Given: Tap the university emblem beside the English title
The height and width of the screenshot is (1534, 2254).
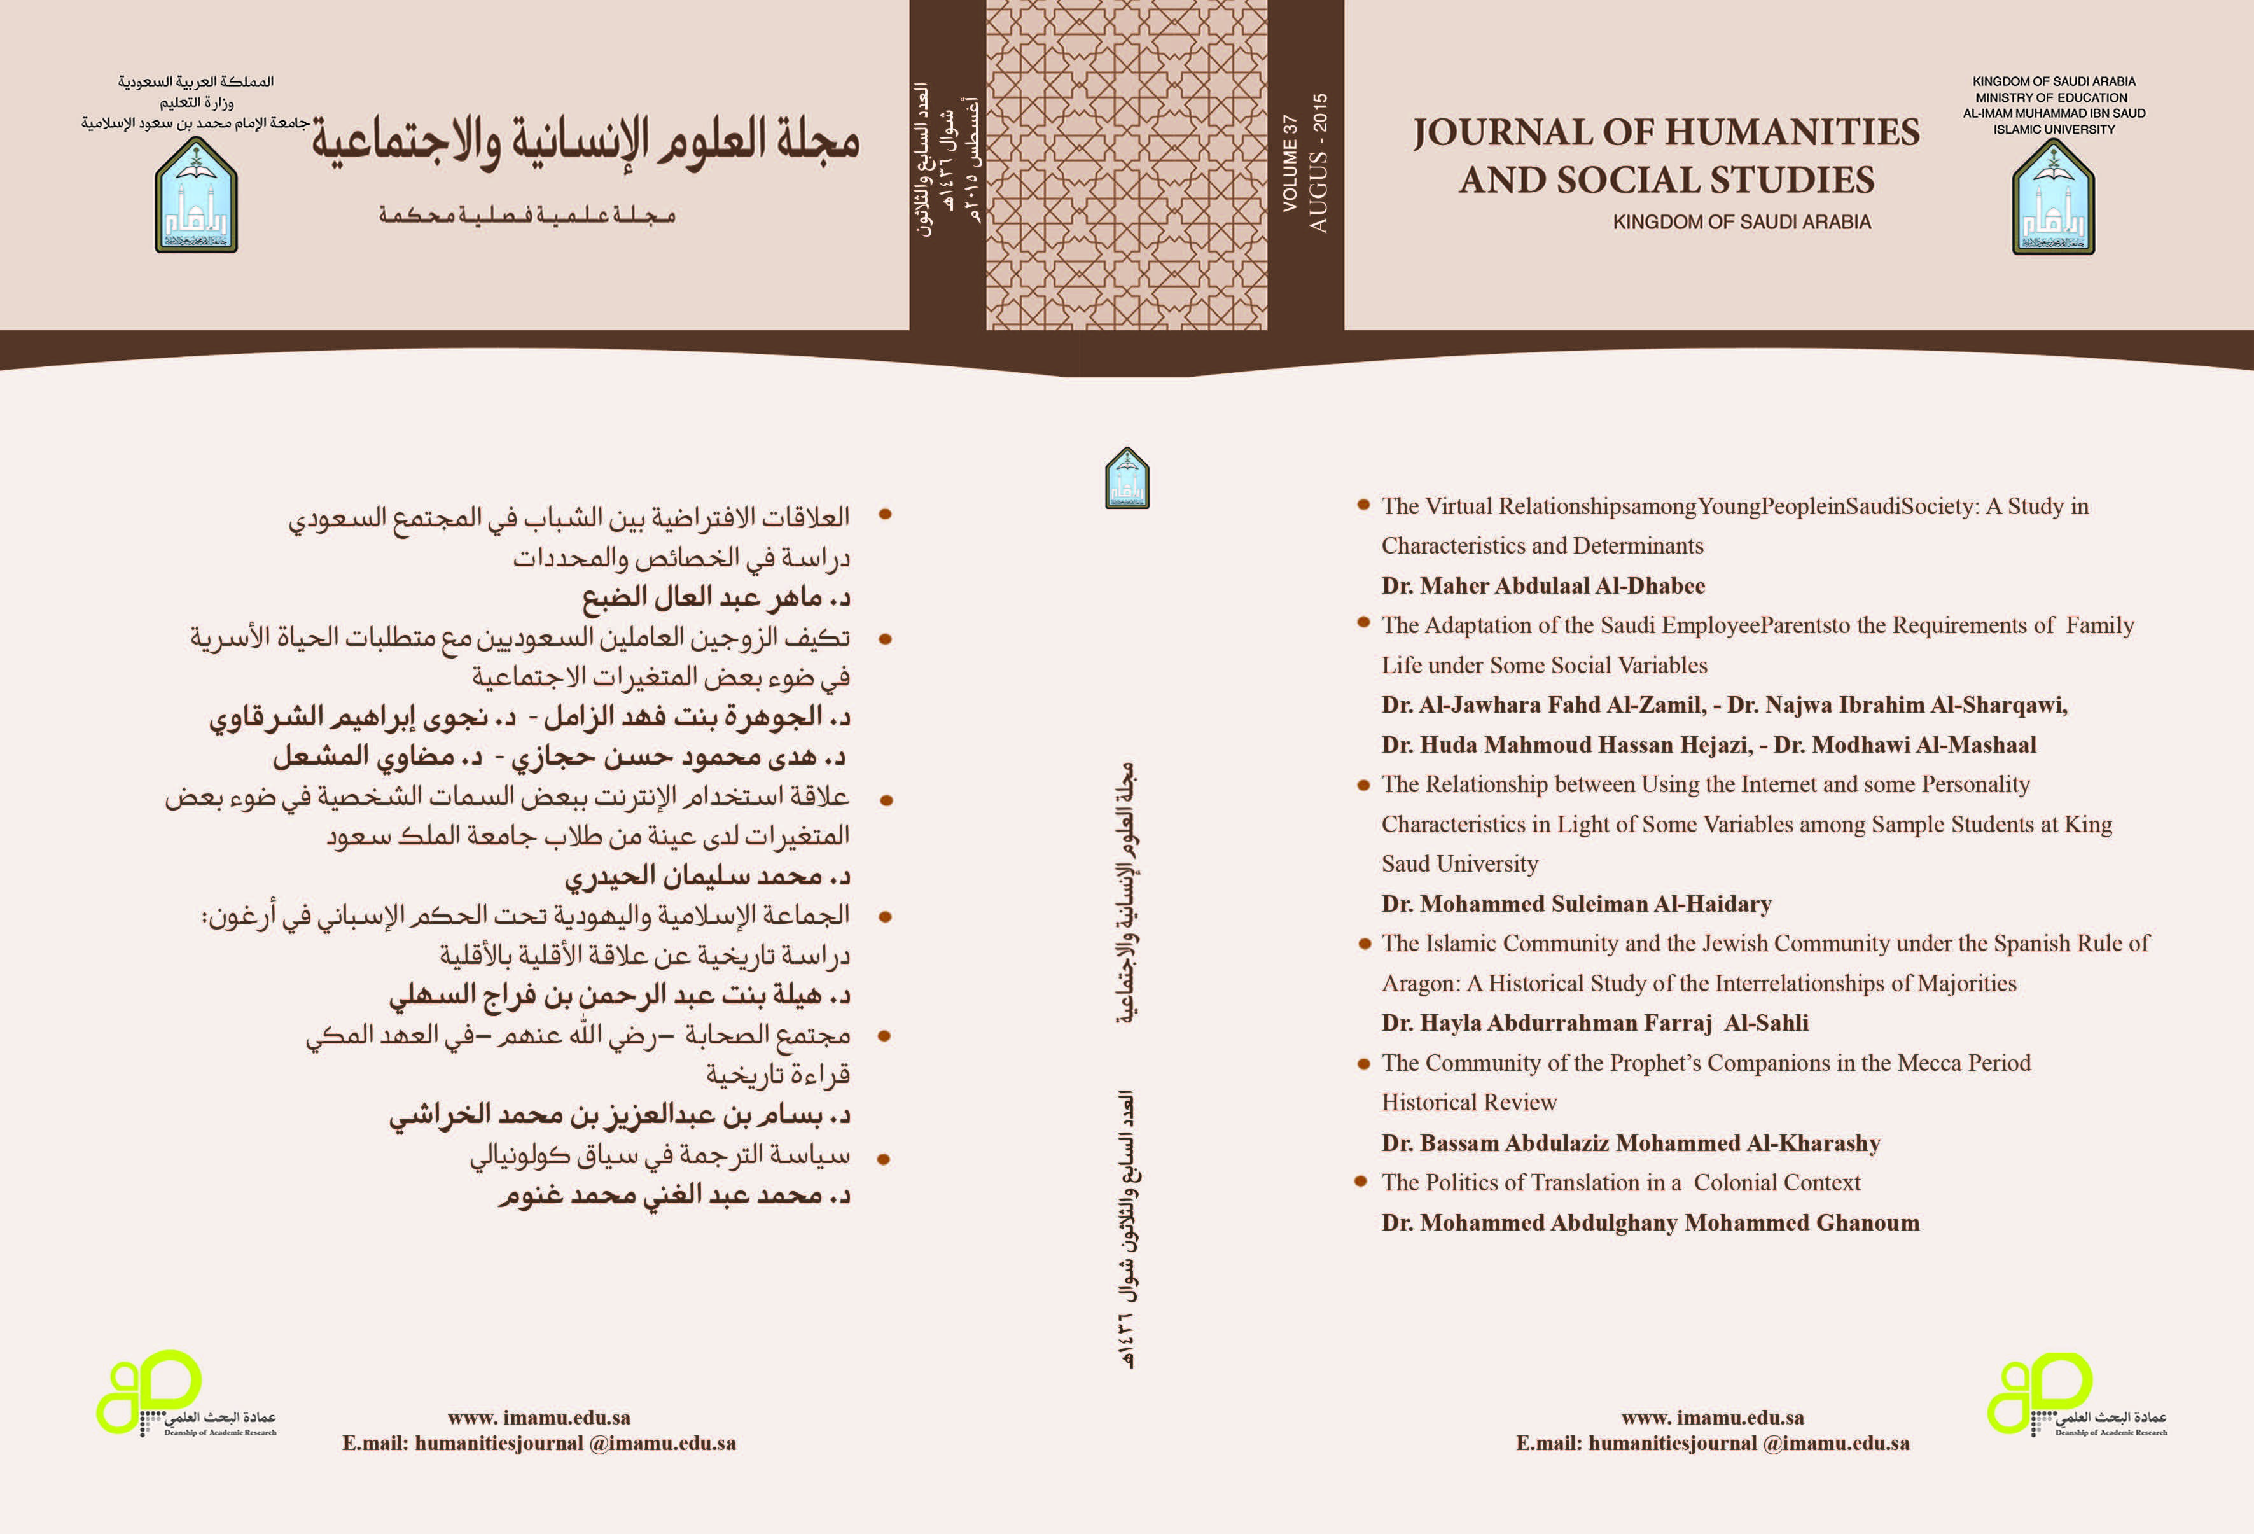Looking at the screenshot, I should [x=2053, y=197].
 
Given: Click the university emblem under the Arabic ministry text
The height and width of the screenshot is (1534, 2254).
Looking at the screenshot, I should [x=196, y=196].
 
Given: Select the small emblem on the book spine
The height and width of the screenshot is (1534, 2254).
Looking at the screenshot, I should [x=1127, y=477].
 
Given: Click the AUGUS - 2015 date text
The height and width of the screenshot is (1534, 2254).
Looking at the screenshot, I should [x=1318, y=163].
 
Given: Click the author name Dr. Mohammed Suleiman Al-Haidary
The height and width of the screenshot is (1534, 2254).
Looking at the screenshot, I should [x=1576, y=904].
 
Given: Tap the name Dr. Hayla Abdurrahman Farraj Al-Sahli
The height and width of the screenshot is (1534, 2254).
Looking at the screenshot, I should [x=1594, y=1022].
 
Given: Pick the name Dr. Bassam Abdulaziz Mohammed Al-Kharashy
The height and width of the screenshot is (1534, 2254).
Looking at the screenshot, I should [x=1631, y=1143].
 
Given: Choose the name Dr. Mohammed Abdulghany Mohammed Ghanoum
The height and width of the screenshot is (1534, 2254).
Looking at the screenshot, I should [x=1650, y=1222].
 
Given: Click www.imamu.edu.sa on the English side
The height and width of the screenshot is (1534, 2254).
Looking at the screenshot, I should [x=1712, y=1418].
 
